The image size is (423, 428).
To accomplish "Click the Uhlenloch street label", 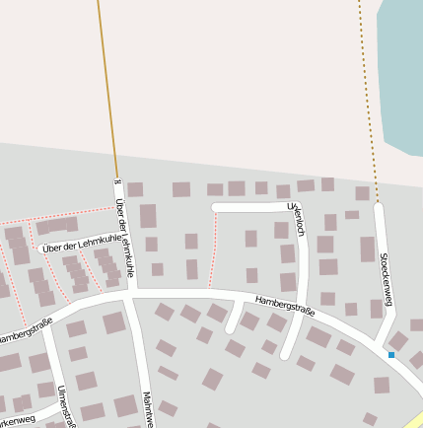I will click(297, 219).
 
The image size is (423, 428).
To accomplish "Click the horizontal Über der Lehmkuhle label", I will click(83, 243).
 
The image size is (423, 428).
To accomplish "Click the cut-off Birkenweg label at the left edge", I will click(18, 419).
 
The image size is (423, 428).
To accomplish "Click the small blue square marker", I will click(391, 355).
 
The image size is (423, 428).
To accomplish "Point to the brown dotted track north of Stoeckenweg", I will click(367, 99).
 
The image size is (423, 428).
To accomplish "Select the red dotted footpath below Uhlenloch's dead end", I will click(214, 251).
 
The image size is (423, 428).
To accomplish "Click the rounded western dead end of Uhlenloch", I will click(216, 207).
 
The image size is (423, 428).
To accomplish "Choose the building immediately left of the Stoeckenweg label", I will click(368, 249).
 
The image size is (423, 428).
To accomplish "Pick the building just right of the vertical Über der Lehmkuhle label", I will click(148, 216).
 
